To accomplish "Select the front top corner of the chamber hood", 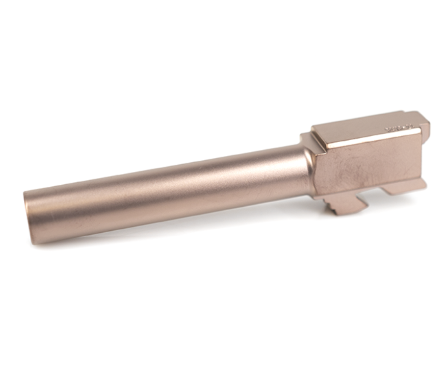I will click(x=314, y=128).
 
